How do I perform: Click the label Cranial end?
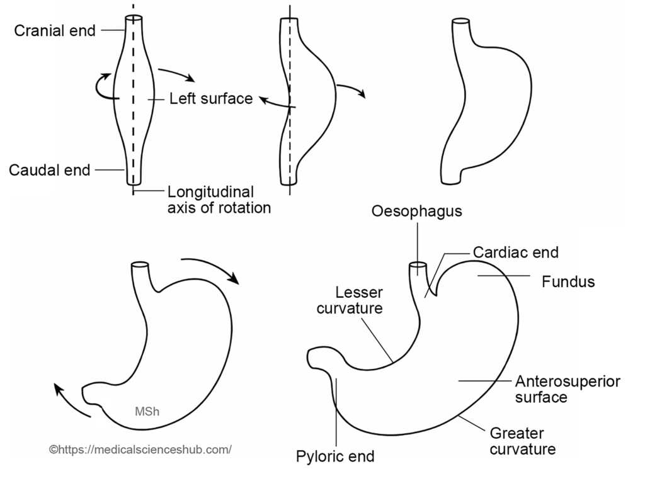click(x=55, y=30)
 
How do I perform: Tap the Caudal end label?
click(x=49, y=170)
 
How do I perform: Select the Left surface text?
click(x=211, y=99)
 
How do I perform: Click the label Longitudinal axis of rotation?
click(x=219, y=200)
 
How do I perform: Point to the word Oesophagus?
click(x=417, y=211)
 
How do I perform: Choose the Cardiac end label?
click(x=516, y=252)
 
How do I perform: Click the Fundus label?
click(x=568, y=281)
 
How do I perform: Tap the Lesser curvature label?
click(x=350, y=300)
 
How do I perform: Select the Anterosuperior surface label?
click(x=568, y=389)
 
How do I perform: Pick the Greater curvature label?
click(x=522, y=441)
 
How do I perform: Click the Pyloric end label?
click(x=335, y=456)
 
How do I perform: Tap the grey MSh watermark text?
click(x=147, y=411)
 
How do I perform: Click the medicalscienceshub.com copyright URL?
click(x=140, y=450)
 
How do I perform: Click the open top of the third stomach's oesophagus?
click(x=460, y=21)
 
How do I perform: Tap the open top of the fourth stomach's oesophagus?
click(x=140, y=265)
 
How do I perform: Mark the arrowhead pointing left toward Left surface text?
click(x=263, y=99)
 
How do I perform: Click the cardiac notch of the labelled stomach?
click(x=435, y=295)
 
